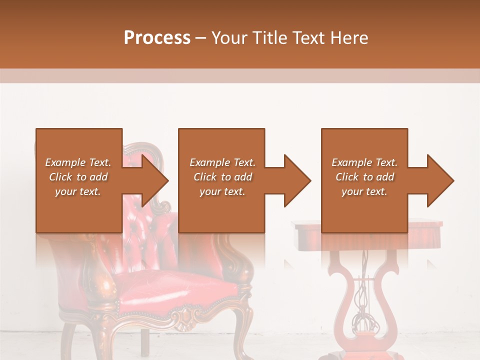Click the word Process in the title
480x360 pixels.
[157, 38]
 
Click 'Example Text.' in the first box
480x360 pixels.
[78, 162]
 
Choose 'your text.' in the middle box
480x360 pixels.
[222, 191]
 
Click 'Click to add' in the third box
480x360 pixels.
[364, 177]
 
